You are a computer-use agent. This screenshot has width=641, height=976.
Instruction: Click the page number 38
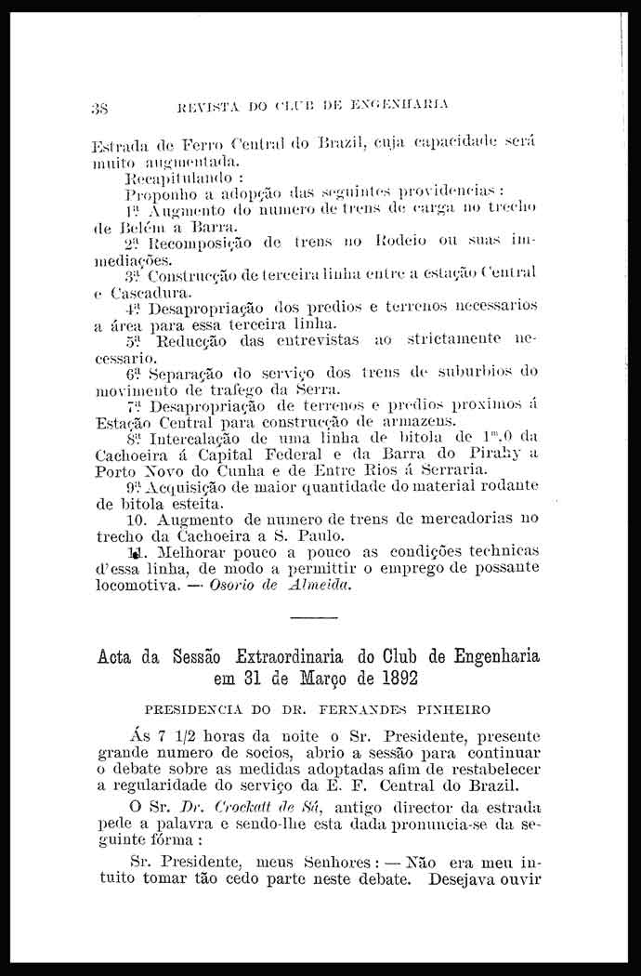pyautogui.click(x=99, y=106)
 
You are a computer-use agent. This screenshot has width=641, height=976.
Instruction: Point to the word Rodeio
pyautogui.click(x=420, y=243)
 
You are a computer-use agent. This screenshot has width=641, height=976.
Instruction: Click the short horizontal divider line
pyautogui.click(x=313, y=618)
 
